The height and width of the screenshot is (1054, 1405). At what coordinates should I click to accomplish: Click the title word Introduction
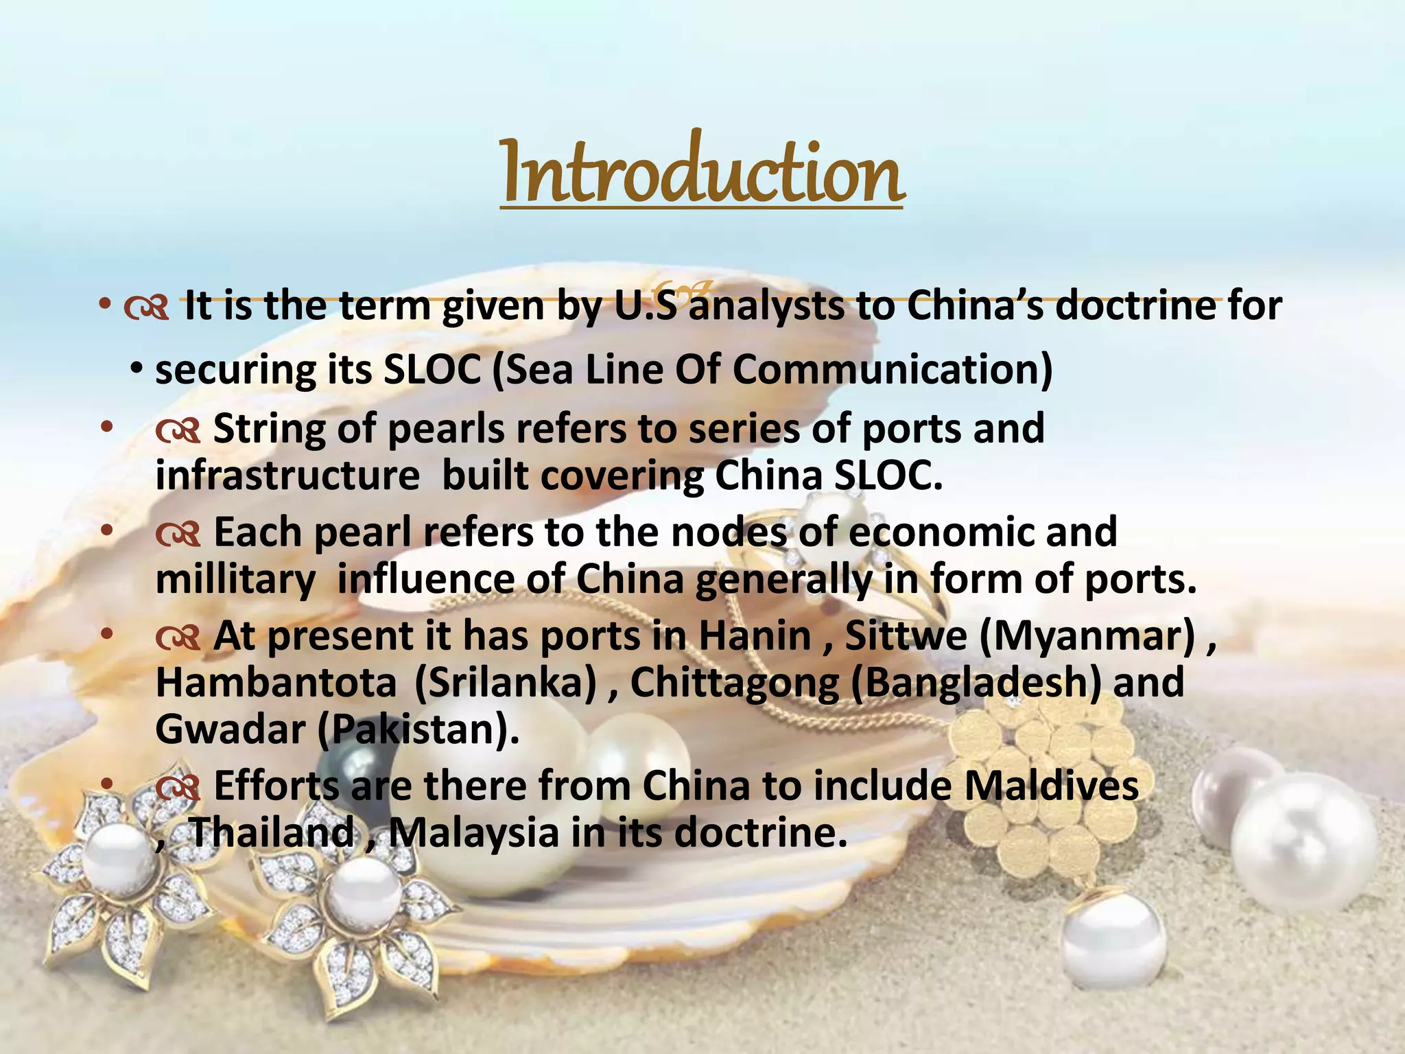[x=701, y=172]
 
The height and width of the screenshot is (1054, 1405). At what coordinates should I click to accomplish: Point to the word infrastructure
[x=287, y=476]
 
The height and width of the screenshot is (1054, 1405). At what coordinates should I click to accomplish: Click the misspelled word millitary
[x=235, y=580]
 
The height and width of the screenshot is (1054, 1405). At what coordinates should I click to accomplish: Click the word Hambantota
[x=276, y=683]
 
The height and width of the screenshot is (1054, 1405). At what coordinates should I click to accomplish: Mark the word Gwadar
[x=230, y=729]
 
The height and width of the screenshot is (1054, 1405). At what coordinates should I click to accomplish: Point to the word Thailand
[x=271, y=833]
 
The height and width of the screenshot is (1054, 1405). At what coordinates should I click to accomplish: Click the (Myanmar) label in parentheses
[x=1087, y=636]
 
